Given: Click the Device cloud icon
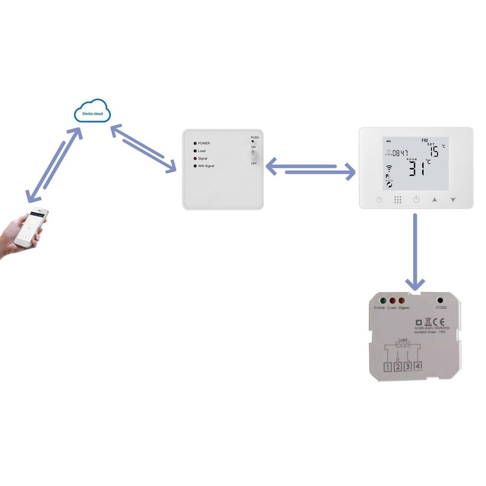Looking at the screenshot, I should point(92,114).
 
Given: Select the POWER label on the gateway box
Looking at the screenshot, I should point(204,143).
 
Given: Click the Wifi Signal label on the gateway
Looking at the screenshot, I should point(206,166).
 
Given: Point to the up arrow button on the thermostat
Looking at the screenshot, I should point(434,199).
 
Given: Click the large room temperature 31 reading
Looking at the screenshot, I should point(417,168).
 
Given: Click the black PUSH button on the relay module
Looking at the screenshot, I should point(439,299).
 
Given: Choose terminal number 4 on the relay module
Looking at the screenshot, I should point(418,366).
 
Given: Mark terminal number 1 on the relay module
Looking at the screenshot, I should point(387,367).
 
